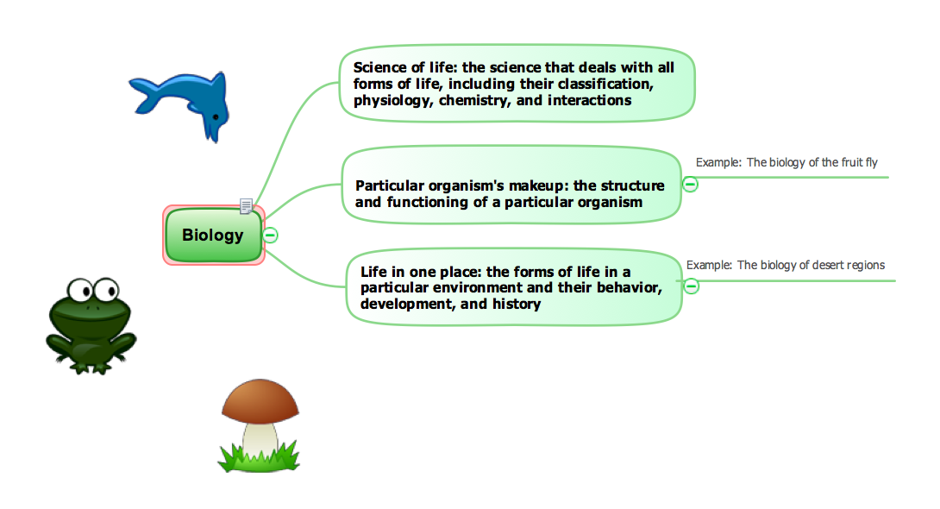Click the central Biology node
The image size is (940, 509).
coord(213,235)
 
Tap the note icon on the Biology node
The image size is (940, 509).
coord(247,206)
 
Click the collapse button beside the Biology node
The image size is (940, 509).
coord(271,235)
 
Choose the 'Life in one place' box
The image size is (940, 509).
coord(513,287)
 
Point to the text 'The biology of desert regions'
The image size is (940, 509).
coord(811,266)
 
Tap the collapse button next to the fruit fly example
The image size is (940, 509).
coord(691,184)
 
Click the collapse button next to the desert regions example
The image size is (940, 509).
coord(692,286)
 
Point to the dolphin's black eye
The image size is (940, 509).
coord(215,116)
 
